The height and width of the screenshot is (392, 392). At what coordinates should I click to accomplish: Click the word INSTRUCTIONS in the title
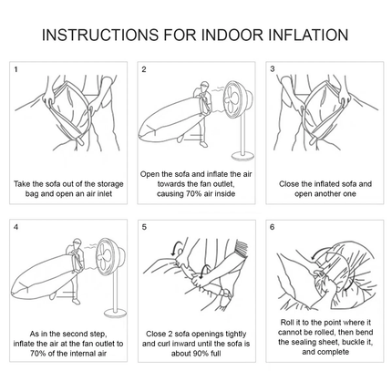(x=100, y=35)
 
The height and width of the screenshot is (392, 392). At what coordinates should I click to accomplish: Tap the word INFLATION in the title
(x=308, y=35)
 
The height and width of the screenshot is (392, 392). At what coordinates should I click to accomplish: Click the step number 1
(x=15, y=69)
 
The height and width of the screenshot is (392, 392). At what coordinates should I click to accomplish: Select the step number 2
(x=144, y=69)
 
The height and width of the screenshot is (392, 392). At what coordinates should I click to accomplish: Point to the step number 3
(x=273, y=69)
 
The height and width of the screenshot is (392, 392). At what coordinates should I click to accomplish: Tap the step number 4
(x=16, y=227)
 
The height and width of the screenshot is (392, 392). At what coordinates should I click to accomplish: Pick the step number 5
(x=144, y=227)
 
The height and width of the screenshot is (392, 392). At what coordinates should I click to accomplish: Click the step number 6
(x=273, y=227)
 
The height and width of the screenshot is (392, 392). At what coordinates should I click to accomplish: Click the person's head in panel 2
(x=204, y=86)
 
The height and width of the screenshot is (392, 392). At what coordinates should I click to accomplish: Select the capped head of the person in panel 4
(x=77, y=242)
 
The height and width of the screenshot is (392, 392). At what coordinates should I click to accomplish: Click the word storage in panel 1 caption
(x=110, y=184)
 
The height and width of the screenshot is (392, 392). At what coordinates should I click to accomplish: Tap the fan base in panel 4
(x=115, y=314)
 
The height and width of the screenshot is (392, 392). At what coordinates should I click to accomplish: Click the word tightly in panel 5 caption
(x=236, y=335)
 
